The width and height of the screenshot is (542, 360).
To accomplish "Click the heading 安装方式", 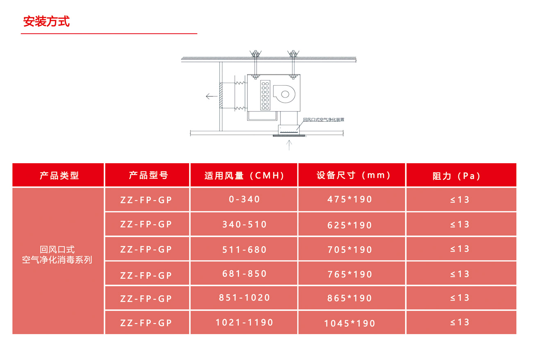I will click(x=46, y=22).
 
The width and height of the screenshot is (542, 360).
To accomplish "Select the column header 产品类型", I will click(x=59, y=175).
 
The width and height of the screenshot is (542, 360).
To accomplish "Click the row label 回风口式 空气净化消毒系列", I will click(x=57, y=254).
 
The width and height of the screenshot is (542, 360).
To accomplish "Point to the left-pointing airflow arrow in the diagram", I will click(x=211, y=96).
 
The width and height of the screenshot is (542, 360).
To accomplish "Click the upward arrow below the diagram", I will click(x=290, y=145).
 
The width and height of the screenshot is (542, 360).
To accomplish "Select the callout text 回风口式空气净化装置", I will click(x=323, y=120).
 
